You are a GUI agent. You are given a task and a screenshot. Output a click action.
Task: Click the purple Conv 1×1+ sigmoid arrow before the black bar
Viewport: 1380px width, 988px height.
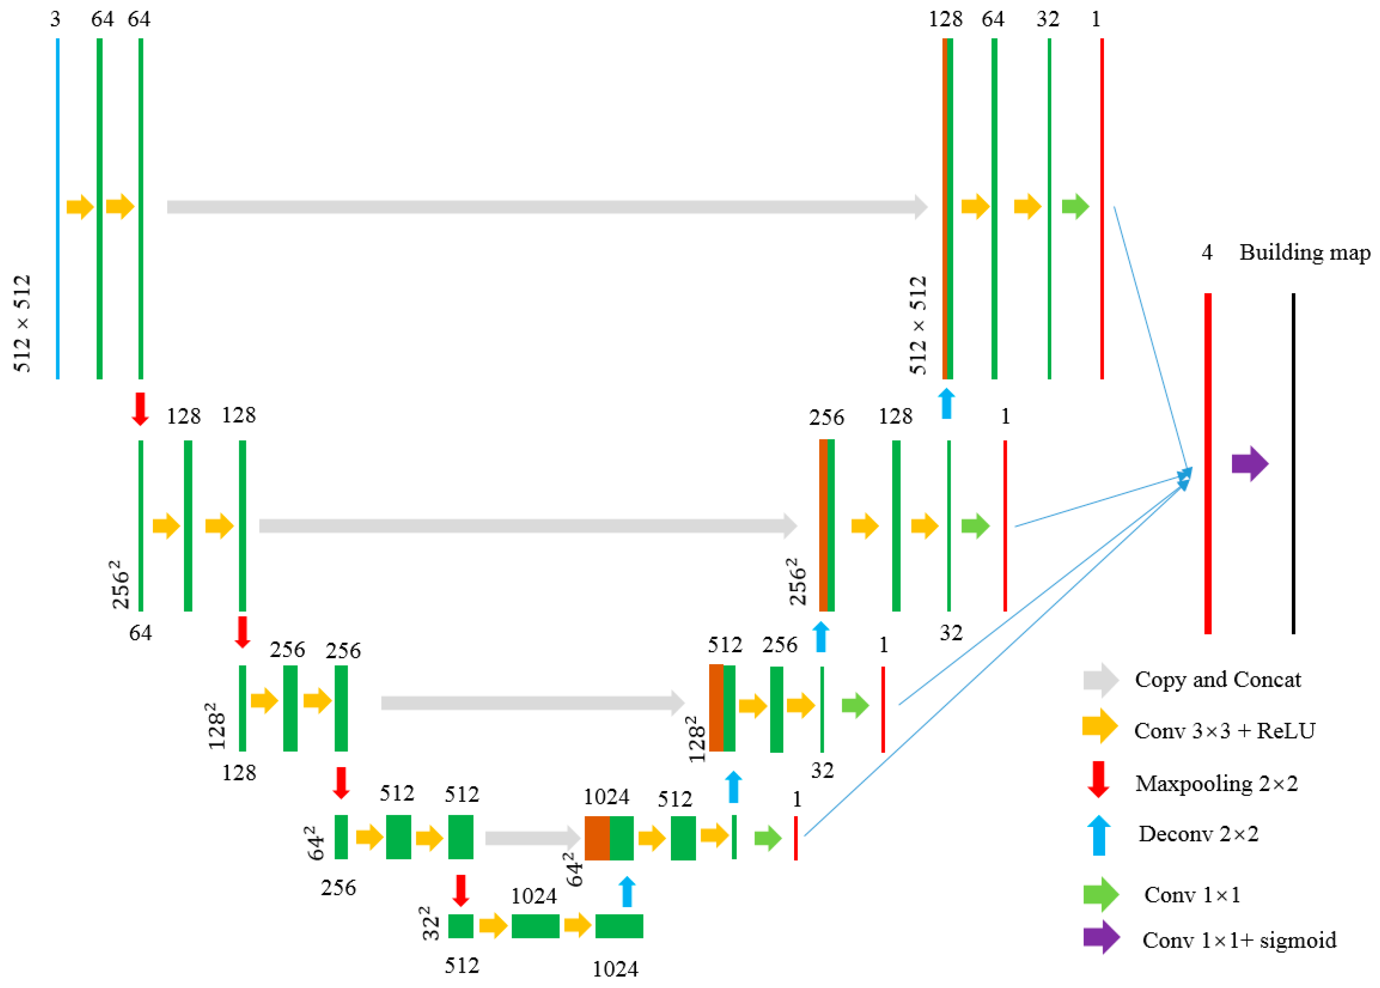pyautogui.click(x=1249, y=464)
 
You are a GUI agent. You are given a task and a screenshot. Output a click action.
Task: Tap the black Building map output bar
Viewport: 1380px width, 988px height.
pyautogui.click(x=1293, y=463)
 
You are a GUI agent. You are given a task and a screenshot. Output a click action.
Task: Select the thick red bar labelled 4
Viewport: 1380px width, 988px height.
pyautogui.click(x=1208, y=463)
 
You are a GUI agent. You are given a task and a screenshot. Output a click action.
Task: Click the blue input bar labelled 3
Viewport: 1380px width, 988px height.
pyautogui.click(x=58, y=208)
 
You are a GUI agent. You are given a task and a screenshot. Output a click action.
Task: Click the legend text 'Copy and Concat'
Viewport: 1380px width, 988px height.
pyautogui.click(x=1218, y=680)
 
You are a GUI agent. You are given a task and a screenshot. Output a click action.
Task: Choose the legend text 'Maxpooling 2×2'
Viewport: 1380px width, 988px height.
pyautogui.click(x=1216, y=783)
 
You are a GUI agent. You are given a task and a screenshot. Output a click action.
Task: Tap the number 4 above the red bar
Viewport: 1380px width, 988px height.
pyautogui.click(x=1207, y=252)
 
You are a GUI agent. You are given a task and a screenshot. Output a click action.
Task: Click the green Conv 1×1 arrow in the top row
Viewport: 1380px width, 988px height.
pyautogui.click(x=1075, y=207)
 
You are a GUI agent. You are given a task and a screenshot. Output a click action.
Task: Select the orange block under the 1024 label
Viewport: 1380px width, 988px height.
pyautogui.click(x=597, y=838)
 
